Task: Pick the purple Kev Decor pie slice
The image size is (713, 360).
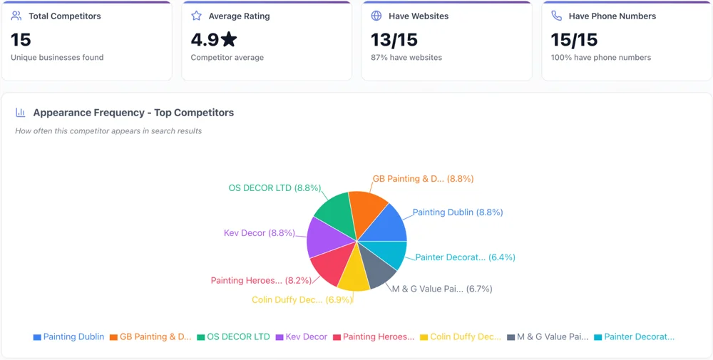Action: click(322, 237)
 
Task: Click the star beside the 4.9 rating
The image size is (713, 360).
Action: click(229, 40)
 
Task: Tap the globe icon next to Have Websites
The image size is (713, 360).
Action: click(376, 16)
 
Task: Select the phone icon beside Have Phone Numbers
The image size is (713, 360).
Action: click(556, 16)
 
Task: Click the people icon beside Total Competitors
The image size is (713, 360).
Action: click(16, 16)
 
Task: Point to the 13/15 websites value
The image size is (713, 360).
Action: click(394, 40)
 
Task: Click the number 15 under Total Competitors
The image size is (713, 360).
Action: click(21, 40)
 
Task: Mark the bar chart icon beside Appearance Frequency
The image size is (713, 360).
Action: click(21, 113)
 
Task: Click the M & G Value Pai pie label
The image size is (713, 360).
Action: click(441, 289)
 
